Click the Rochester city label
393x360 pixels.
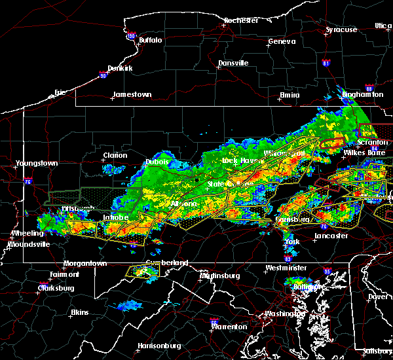(x=242, y=20)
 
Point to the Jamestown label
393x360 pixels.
(x=132, y=94)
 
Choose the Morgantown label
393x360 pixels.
(x=85, y=263)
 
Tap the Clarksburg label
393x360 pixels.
(x=56, y=288)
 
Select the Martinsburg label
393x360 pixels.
(x=219, y=276)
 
